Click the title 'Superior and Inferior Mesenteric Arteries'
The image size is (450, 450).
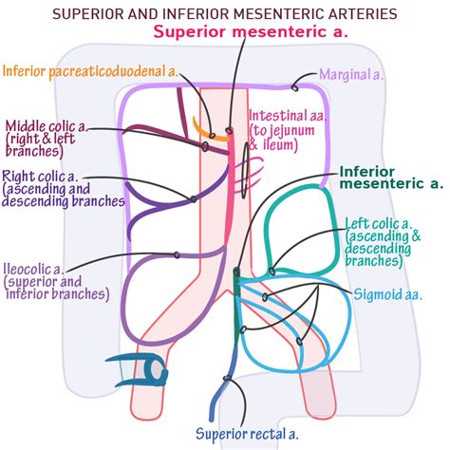coord(224,13)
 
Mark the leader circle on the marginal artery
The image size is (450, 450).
coord(295,86)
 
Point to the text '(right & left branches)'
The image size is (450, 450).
coord(43,147)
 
